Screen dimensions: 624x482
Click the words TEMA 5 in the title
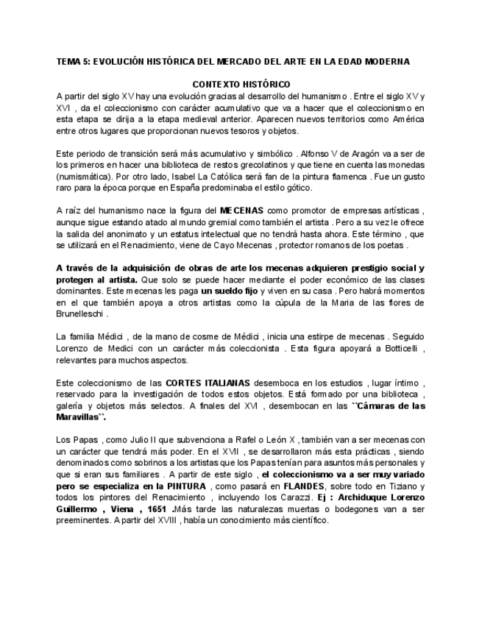point(72,62)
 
